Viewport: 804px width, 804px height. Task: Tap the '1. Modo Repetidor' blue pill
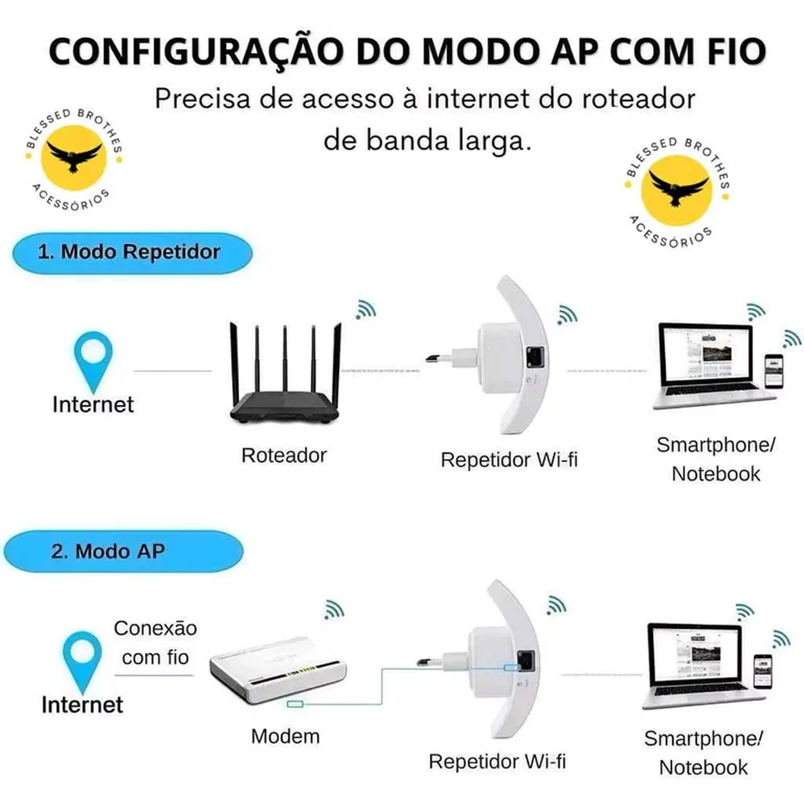pos(132,253)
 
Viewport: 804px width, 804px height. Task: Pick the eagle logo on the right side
pos(676,191)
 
